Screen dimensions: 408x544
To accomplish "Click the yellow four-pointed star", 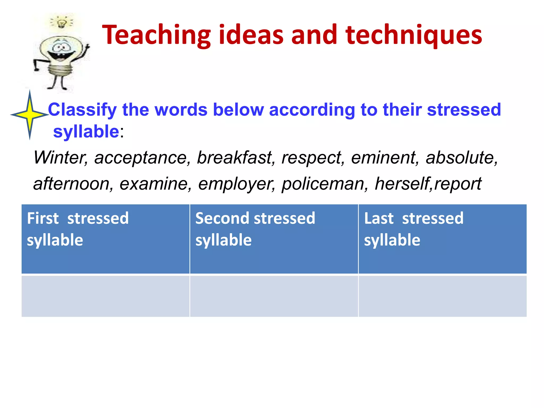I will pyautogui.click(x=30, y=115).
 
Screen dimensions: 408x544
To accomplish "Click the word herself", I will pyautogui.click(x=402, y=184).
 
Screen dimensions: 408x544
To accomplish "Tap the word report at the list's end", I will pyautogui.click(x=458, y=184).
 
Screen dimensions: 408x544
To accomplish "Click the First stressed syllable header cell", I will pyautogui.click(x=105, y=239).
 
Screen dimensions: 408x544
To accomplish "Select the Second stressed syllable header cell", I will pyautogui.click(x=274, y=239).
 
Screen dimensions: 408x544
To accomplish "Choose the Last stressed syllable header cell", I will pyautogui.click(x=442, y=239).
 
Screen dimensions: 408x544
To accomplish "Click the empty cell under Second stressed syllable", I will pyautogui.click(x=274, y=296).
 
